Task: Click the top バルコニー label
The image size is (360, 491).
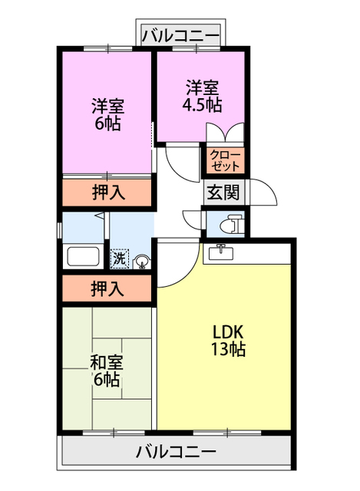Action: click(181, 35)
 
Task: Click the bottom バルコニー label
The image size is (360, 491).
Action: click(176, 450)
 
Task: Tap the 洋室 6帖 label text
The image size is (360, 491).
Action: click(107, 114)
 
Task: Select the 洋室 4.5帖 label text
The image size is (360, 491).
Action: click(201, 94)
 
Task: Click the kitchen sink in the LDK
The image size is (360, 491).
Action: click(223, 251)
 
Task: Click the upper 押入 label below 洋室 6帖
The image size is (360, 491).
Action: click(107, 192)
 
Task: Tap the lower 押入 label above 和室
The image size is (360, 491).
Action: click(107, 289)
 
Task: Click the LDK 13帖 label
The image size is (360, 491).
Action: click(228, 341)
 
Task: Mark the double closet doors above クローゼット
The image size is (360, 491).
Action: click(225, 133)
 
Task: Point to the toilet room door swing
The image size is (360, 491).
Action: click(193, 218)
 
